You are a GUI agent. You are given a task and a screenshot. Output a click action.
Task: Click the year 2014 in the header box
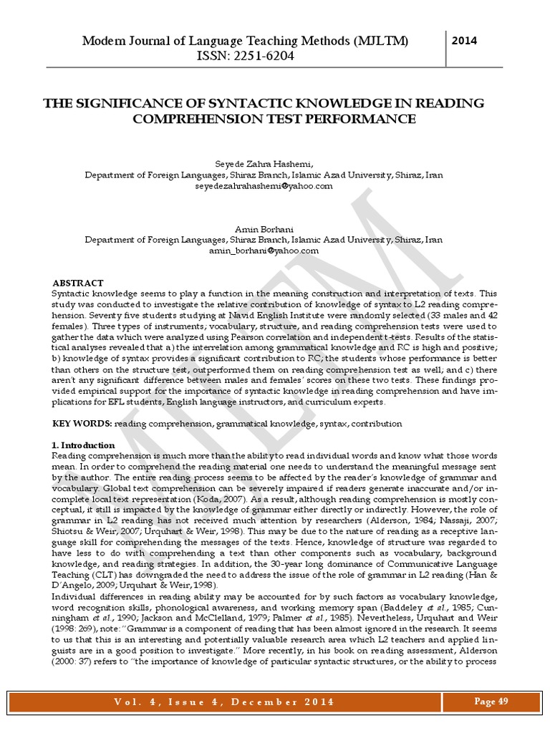465,42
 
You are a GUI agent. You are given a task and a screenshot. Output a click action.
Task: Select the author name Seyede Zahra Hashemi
263,164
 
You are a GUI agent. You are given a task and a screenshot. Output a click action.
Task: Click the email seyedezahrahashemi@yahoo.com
264,186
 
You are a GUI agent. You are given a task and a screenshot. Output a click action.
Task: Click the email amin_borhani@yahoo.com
264,251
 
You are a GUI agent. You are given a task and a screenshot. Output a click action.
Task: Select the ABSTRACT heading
78,283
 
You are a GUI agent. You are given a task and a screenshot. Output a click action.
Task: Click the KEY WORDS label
82,424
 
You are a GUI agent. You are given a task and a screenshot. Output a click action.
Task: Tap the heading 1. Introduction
84,445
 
